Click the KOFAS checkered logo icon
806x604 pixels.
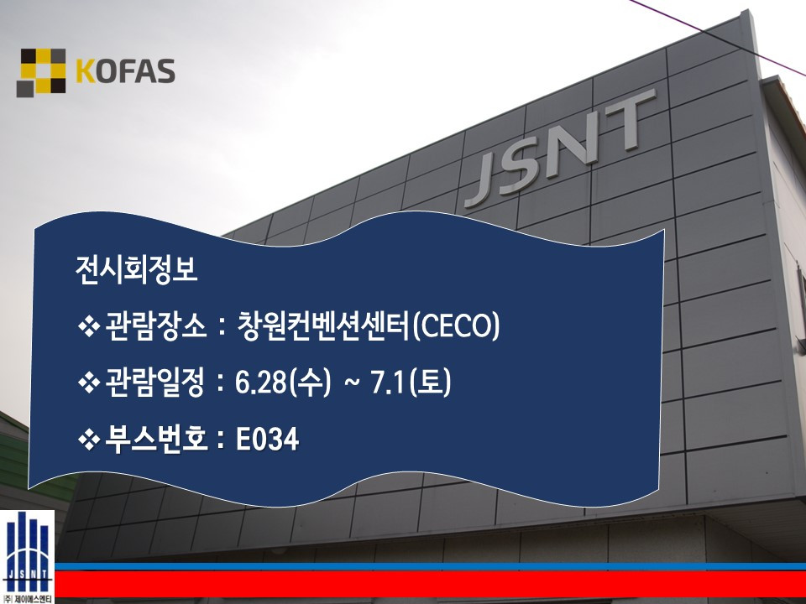click(x=41, y=72)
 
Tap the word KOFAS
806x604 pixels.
click(x=125, y=72)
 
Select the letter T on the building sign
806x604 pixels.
click(x=625, y=122)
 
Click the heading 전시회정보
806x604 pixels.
click(x=136, y=269)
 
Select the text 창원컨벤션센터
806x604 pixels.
click(x=323, y=325)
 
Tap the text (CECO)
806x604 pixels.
click(x=455, y=326)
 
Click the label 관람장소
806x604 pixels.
click(x=156, y=326)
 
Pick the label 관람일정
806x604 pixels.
click(x=156, y=383)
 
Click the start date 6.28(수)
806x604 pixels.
click(x=283, y=383)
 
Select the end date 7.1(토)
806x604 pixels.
click(x=411, y=383)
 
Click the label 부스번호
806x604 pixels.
click(x=156, y=439)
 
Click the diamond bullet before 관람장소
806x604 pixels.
click(x=88, y=326)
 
